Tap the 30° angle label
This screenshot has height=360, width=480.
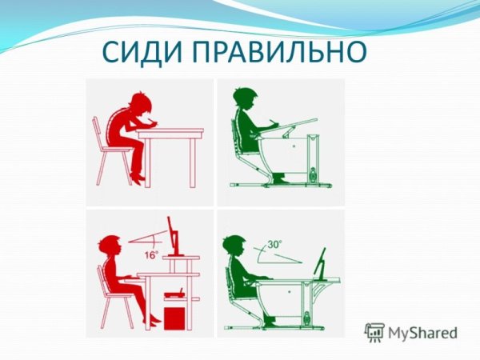point(275,244)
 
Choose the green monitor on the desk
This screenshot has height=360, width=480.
point(322,264)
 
